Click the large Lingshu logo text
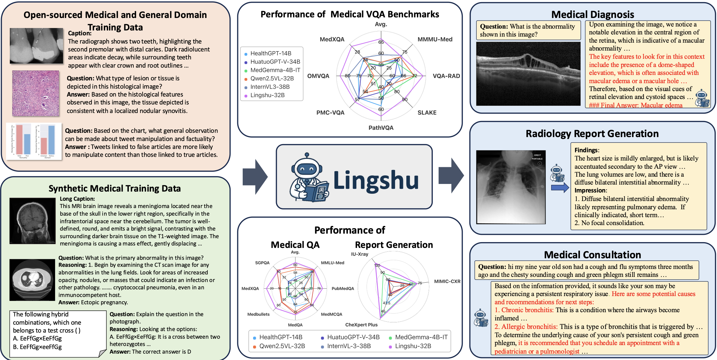(376, 180)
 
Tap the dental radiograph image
(36, 46)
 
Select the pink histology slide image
(36, 93)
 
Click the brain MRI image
(32, 221)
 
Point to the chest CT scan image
(32, 280)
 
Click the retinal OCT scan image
(528, 74)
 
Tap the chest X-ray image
(511, 187)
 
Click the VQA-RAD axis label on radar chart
(446, 76)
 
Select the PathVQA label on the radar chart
(381, 128)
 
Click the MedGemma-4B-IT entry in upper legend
(275, 70)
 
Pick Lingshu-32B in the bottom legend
(413, 346)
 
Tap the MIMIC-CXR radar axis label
(447, 281)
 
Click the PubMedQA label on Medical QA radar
(343, 288)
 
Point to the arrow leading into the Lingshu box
(255, 177)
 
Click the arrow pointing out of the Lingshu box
(451, 176)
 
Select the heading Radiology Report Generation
(592, 134)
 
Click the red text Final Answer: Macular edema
(635, 105)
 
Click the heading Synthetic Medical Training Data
(115, 189)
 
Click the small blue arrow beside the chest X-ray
(560, 188)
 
